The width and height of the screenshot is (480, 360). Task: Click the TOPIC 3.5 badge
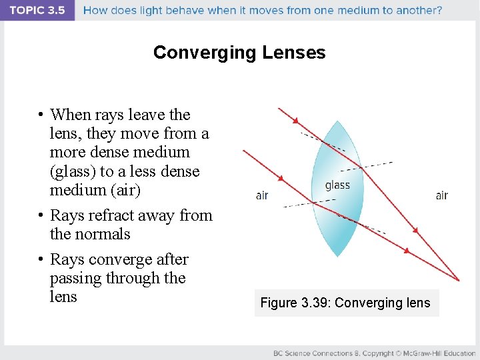(37, 10)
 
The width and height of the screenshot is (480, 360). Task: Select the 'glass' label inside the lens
(337, 185)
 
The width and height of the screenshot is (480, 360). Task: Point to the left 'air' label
(262, 195)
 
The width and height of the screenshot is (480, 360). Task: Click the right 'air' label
(441, 195)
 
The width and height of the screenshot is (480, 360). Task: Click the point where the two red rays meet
(459, 281)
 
